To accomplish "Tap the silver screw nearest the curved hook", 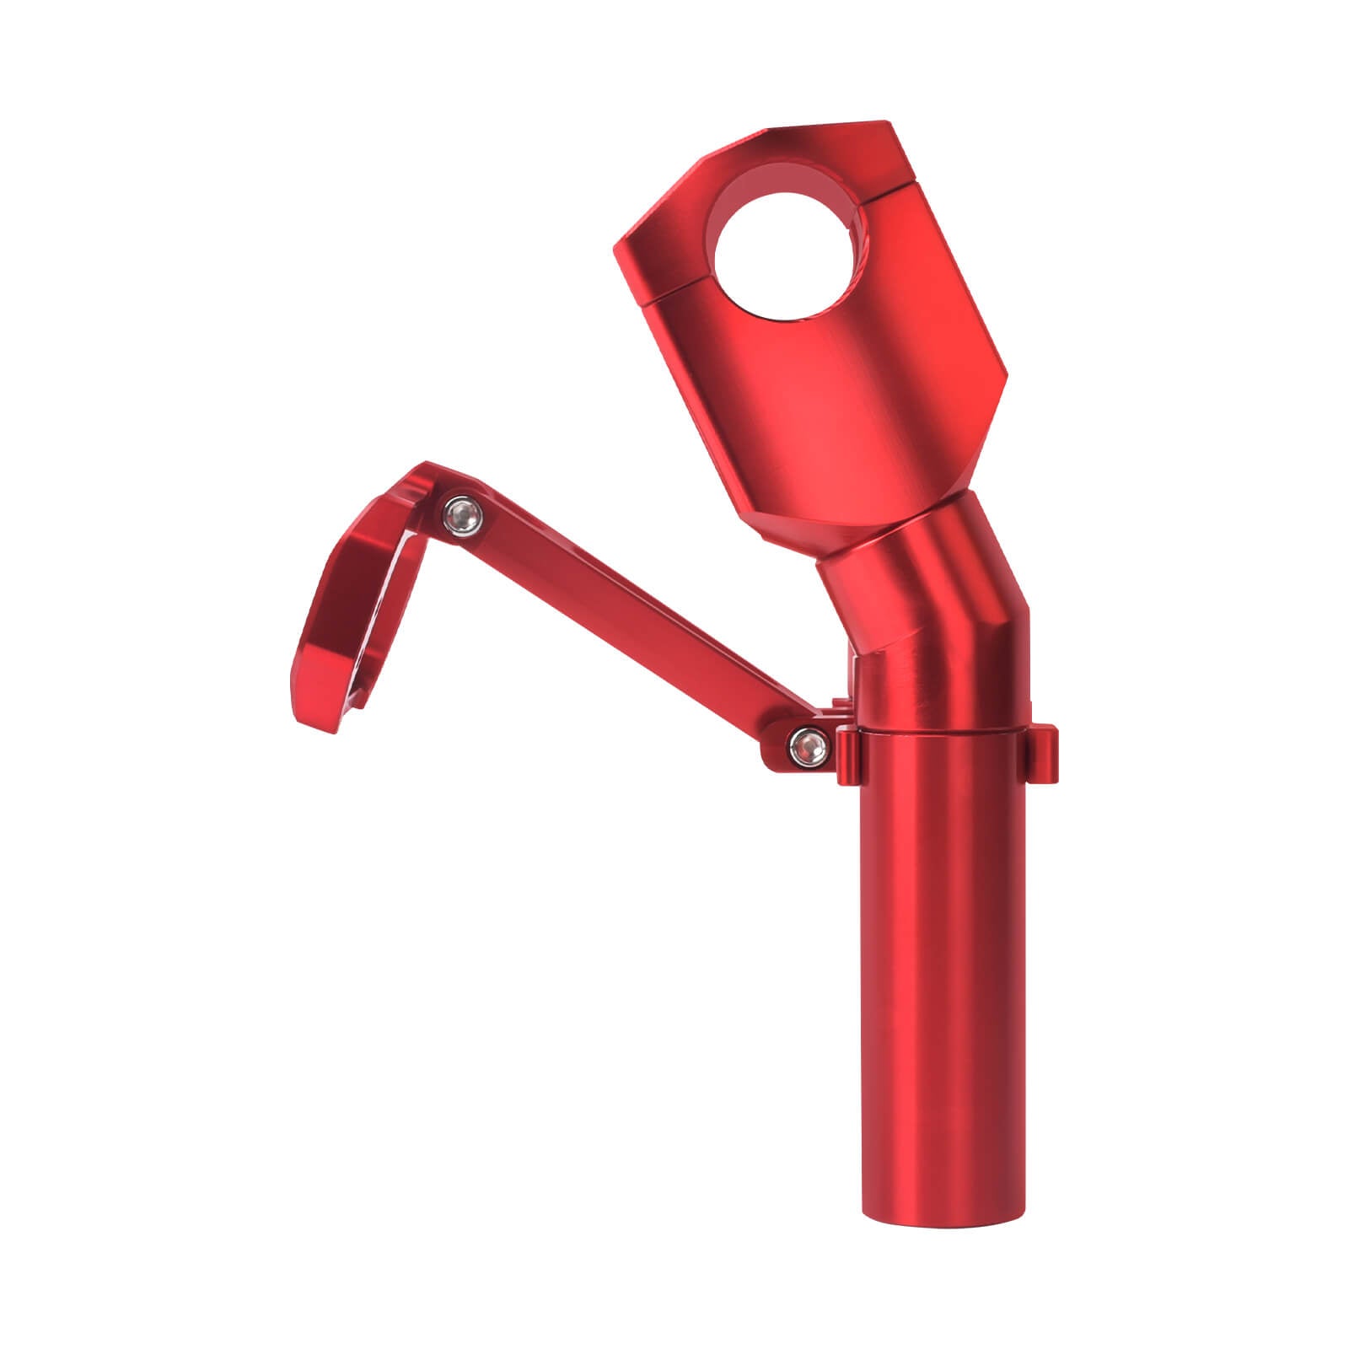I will (460, 513).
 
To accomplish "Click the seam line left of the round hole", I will (674, 291).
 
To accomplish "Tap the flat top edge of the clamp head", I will (826, 126).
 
